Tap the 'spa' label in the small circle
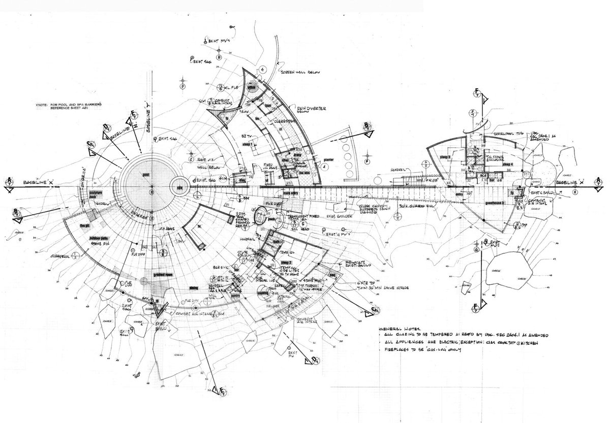(x=179, y=186)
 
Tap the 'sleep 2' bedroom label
(x=286, y=263)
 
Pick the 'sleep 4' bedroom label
(x=508, y=165)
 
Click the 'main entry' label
(x=276, y=193)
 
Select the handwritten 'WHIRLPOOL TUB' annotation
(x=500, y=132)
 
